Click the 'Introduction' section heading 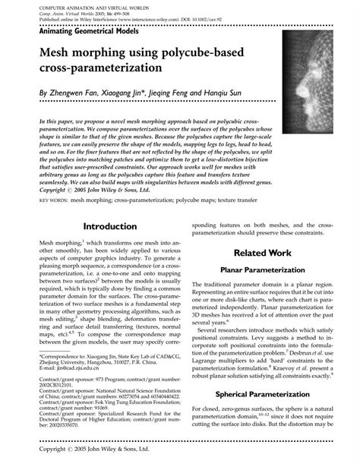tap(110, 226)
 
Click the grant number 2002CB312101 tap(58, 385)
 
